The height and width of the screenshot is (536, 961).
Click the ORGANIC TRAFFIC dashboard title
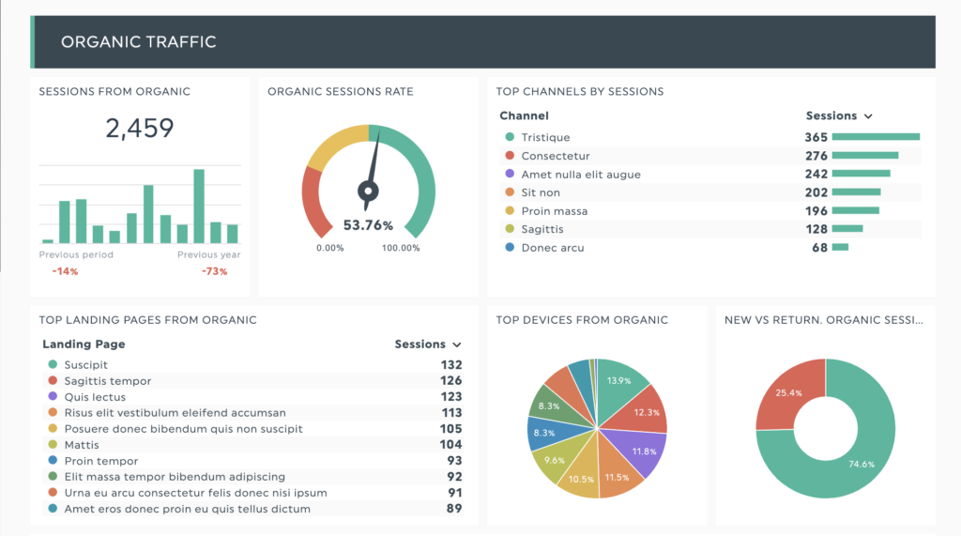pyautogui.click(x=138, y=42)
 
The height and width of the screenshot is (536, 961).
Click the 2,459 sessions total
pyautogui.click(x=140, y=128)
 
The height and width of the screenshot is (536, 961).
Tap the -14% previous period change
pyautogui.click(x=65, y=271)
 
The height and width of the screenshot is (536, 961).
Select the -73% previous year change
pyautogui.click(x=214, y=271)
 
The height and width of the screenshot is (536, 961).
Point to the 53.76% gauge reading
pyautogui.click(x=368, y=225)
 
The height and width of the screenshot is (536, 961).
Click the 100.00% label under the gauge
pyautogui.click(x=401, y=248)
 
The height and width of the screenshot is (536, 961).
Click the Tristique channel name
pyautogui.click(x=545, y=137)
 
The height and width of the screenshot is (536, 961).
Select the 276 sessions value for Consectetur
pyautogui.click(x=816, y=156)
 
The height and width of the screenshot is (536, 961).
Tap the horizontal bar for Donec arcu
pyautogui.click(x=840, y=248)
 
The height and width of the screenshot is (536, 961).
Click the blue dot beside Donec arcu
pyautogui.click(x=510, y=248)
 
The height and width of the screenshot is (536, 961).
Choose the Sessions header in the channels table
pyautogui.click(x=831, y=115)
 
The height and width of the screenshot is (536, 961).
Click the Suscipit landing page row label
pyautogui.click(x=86, y=365)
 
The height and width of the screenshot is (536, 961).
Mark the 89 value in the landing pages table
pyautogui.click(x=454, y=509)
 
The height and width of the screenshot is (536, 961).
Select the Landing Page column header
pyautogui.click(x=84, y=345)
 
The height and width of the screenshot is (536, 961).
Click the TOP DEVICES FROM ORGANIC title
pyautogui.click(x=582, y=320)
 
